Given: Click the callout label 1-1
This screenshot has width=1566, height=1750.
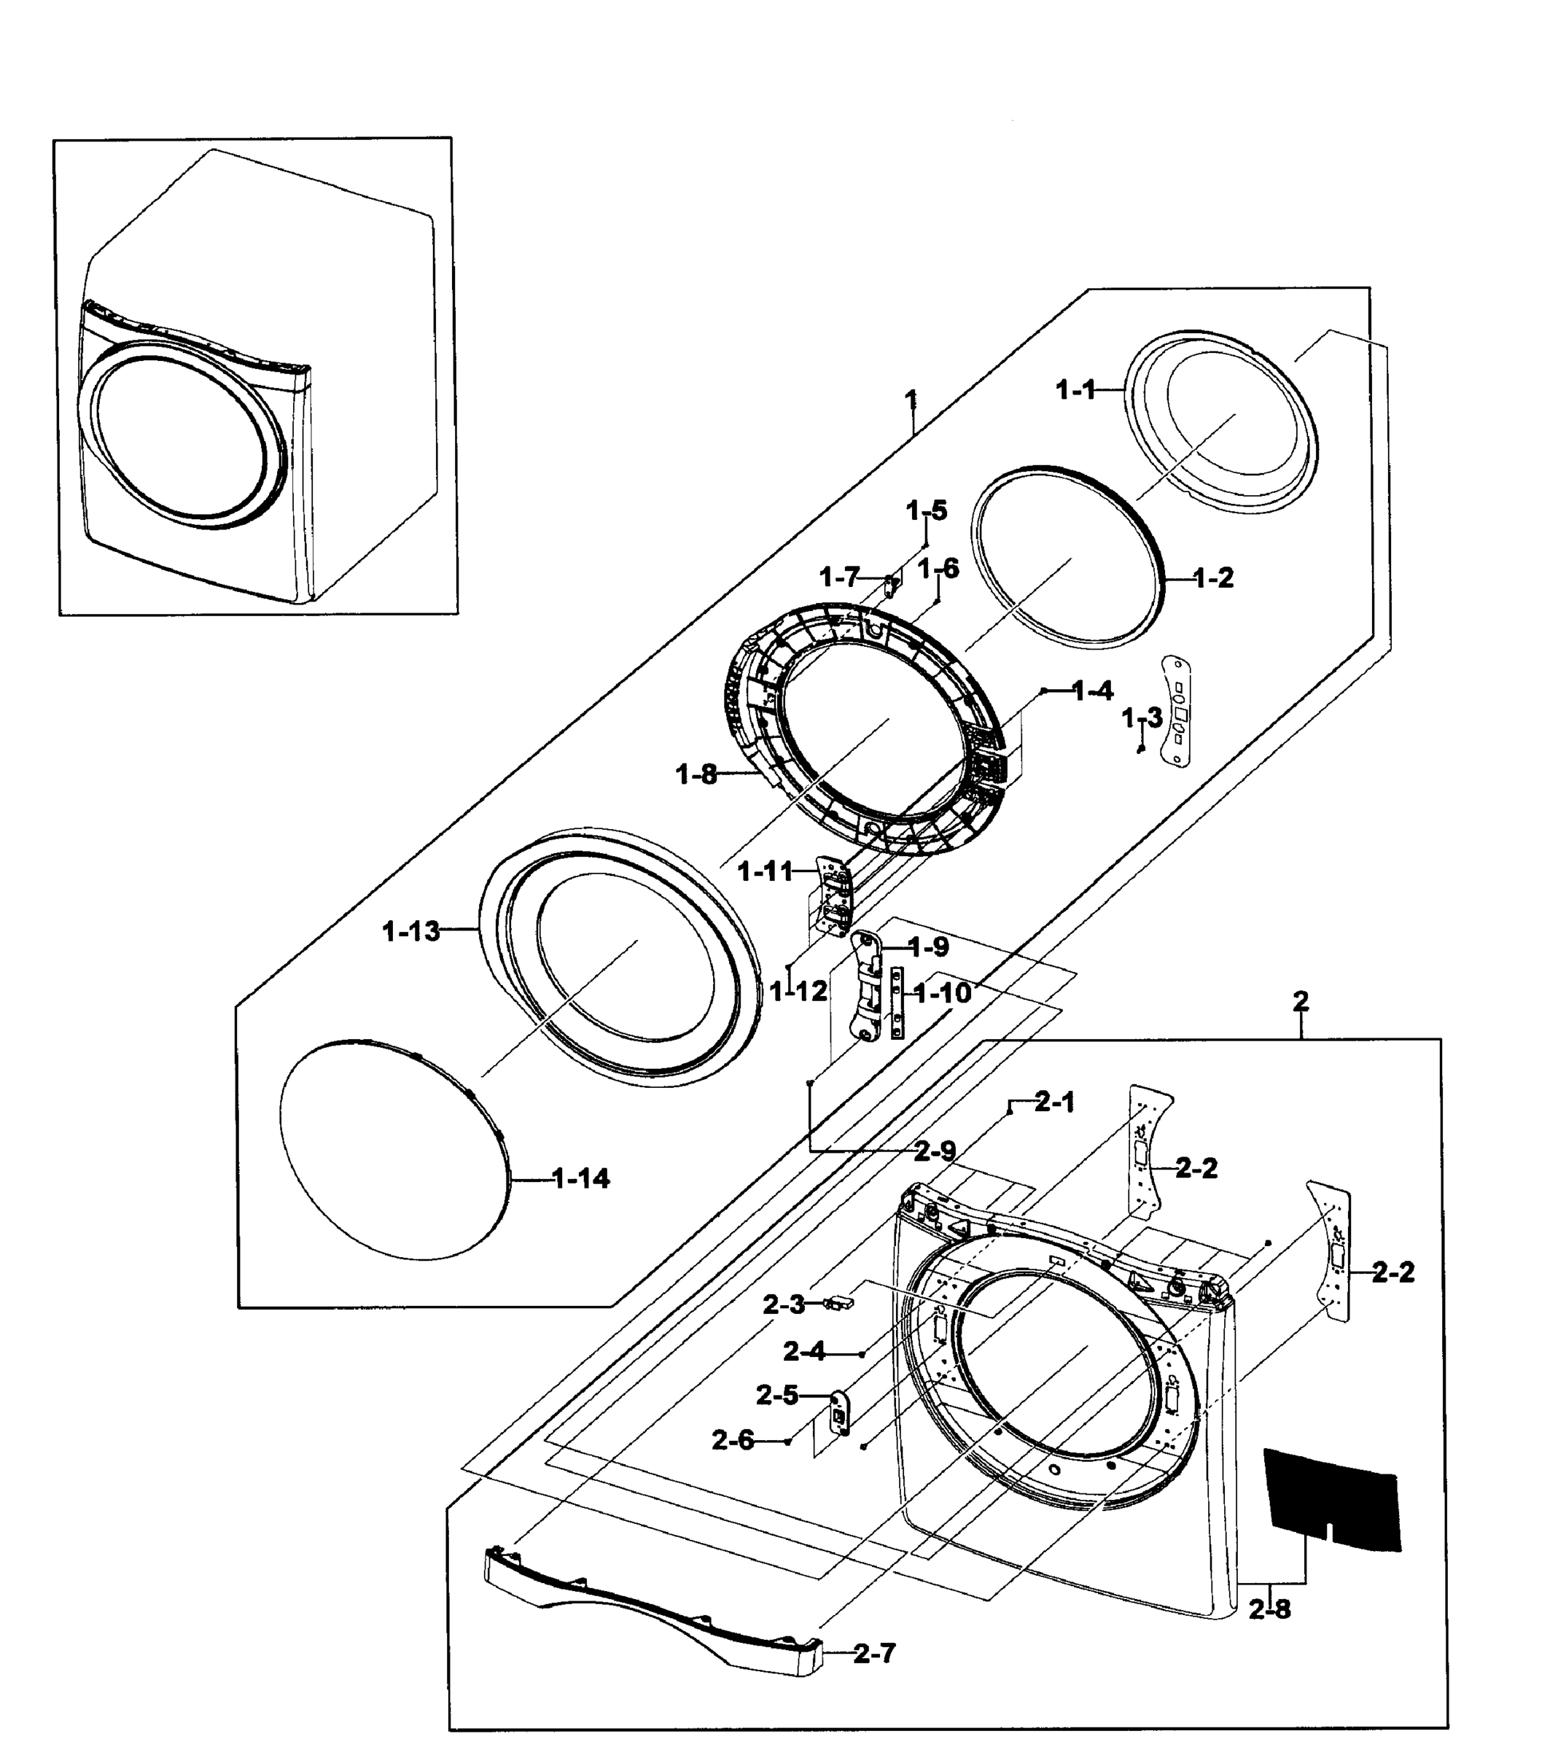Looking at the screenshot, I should point(1075,391).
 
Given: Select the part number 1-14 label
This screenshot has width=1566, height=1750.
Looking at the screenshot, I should point(581,1179).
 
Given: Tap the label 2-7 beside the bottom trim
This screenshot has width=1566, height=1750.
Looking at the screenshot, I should point(874,1654).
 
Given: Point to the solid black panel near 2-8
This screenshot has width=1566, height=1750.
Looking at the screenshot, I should point(1331,1501).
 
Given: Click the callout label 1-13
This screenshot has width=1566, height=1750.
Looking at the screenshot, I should point(411,931).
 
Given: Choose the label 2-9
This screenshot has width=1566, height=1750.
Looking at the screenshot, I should point(935,1151).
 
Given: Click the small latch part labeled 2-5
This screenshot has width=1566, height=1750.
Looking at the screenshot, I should point(839,1415).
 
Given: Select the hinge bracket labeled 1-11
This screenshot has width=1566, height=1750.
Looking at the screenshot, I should point(832,895).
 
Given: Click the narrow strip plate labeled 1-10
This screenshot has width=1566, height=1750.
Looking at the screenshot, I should point(898,1003).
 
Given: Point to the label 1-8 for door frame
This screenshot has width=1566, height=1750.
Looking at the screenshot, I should point(696,774).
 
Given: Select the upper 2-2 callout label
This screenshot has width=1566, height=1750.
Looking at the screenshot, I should point(1196,1168).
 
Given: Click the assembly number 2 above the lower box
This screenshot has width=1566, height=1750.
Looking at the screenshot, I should point(1301,1000).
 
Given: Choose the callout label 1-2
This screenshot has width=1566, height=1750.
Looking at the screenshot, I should point(1213,578).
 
